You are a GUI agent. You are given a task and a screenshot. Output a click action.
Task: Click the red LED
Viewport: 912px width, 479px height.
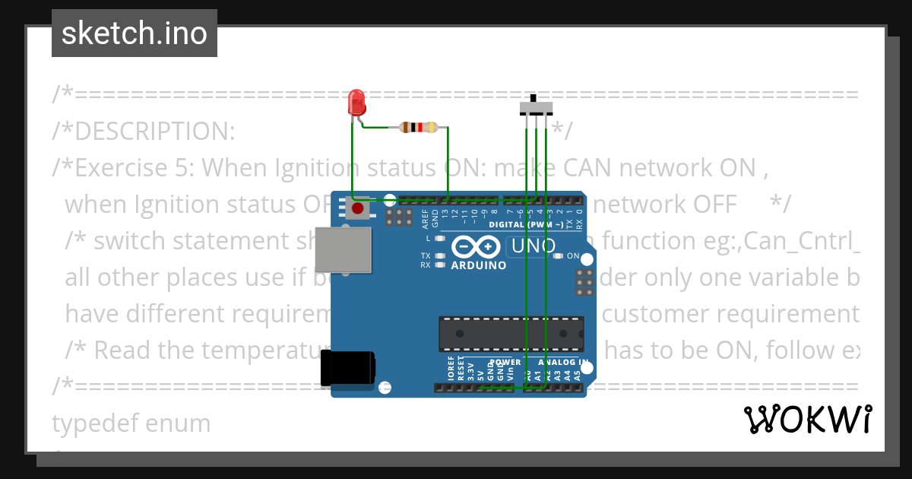coord(356,103)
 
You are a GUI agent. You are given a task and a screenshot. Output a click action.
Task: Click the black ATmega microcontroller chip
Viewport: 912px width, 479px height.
coord(511,335)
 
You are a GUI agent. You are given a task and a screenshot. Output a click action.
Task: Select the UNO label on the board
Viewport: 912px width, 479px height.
coord(533,246)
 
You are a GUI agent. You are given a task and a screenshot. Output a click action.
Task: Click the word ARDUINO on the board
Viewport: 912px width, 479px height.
coord(479,265)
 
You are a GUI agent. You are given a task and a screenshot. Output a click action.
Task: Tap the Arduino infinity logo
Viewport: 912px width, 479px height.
coord(476,247)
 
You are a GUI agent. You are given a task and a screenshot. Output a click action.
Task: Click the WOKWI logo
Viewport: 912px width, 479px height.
coord(807,420)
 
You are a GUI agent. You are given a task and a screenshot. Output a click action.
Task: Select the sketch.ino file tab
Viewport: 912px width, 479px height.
coord(134,33)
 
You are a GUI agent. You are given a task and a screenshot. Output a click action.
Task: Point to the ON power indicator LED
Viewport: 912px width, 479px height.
coord(559,256)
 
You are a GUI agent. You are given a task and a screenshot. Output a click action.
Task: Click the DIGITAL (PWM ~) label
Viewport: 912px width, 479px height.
coord(526,225)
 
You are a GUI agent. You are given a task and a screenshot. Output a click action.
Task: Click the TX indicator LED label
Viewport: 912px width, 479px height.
coord(426,256)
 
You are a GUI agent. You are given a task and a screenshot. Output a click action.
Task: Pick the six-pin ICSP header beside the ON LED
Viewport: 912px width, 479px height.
coord(584,282)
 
